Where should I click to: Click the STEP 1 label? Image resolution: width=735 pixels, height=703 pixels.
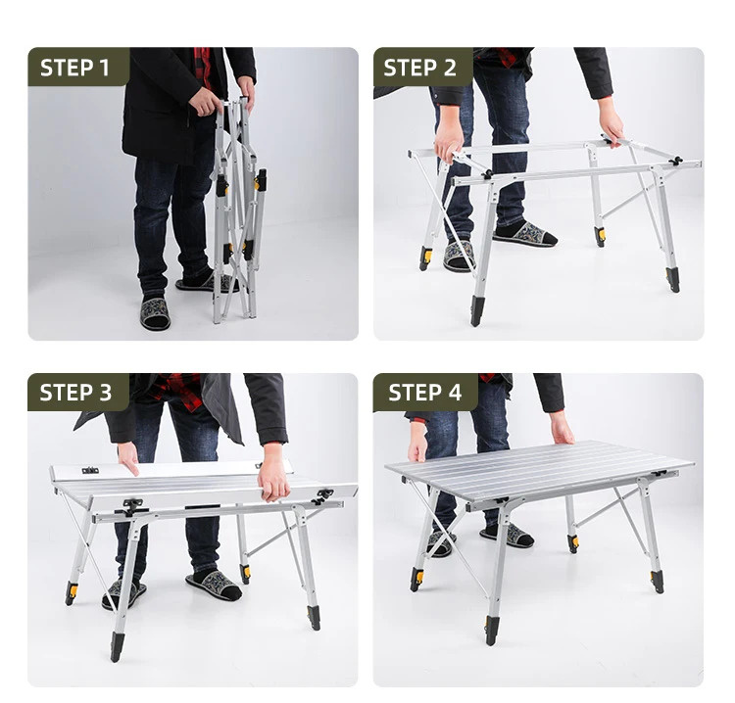(74, 68)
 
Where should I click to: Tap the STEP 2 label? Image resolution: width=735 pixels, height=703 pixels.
(419, 68)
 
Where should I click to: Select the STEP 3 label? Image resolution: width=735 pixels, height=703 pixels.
(75, 393)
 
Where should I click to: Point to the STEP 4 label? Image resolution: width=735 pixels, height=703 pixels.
(424, 393)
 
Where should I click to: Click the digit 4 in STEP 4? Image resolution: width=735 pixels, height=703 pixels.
(454, 393)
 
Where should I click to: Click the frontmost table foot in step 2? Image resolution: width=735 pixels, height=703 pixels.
(476, 310)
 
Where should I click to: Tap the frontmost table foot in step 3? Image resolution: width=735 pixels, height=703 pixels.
(117, 646)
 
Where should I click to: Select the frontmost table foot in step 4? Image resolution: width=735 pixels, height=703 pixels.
(491, 630)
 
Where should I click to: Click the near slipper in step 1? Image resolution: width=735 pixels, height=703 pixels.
(155, 312)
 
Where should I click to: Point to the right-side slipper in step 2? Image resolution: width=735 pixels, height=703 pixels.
(525, 234)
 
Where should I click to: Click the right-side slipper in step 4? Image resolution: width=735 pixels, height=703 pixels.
(508, 536)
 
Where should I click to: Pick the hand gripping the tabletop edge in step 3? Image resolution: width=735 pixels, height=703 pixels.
(272, 473)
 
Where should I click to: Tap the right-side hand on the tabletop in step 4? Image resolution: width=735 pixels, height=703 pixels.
(563, 427)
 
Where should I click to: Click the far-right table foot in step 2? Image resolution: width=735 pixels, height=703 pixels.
(672, 280)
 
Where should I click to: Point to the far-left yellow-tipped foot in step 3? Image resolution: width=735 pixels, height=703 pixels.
(72, 592)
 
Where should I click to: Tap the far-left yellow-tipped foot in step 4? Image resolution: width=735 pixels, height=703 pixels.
(416, 579)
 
